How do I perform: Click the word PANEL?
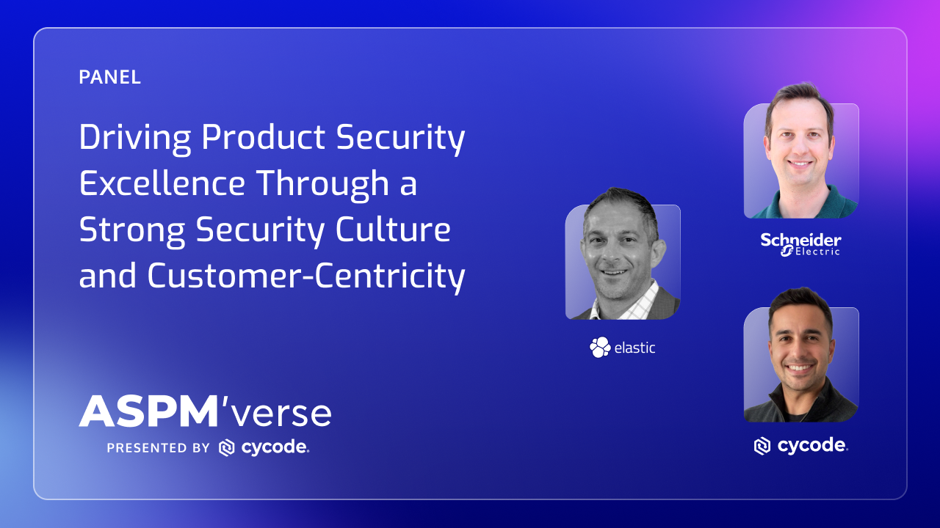tap(109, 77)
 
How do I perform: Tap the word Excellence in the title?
tap(162, 183)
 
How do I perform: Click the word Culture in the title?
tap(393, 230)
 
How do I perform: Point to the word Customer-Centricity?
tap(306, 277)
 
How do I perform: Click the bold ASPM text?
tap(148, 411)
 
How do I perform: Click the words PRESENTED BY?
tap(158, 448)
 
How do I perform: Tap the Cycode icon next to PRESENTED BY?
tap(227, 448)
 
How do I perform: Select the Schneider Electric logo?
tap(800, 245)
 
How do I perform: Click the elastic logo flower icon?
tap(600, 347)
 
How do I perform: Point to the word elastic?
tap(634, 348)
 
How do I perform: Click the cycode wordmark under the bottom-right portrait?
tap(812, 445)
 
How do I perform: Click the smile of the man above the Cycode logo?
tap(800, 368)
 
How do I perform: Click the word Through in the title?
tap(322, 184)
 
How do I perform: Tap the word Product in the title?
tap(263, 137)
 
